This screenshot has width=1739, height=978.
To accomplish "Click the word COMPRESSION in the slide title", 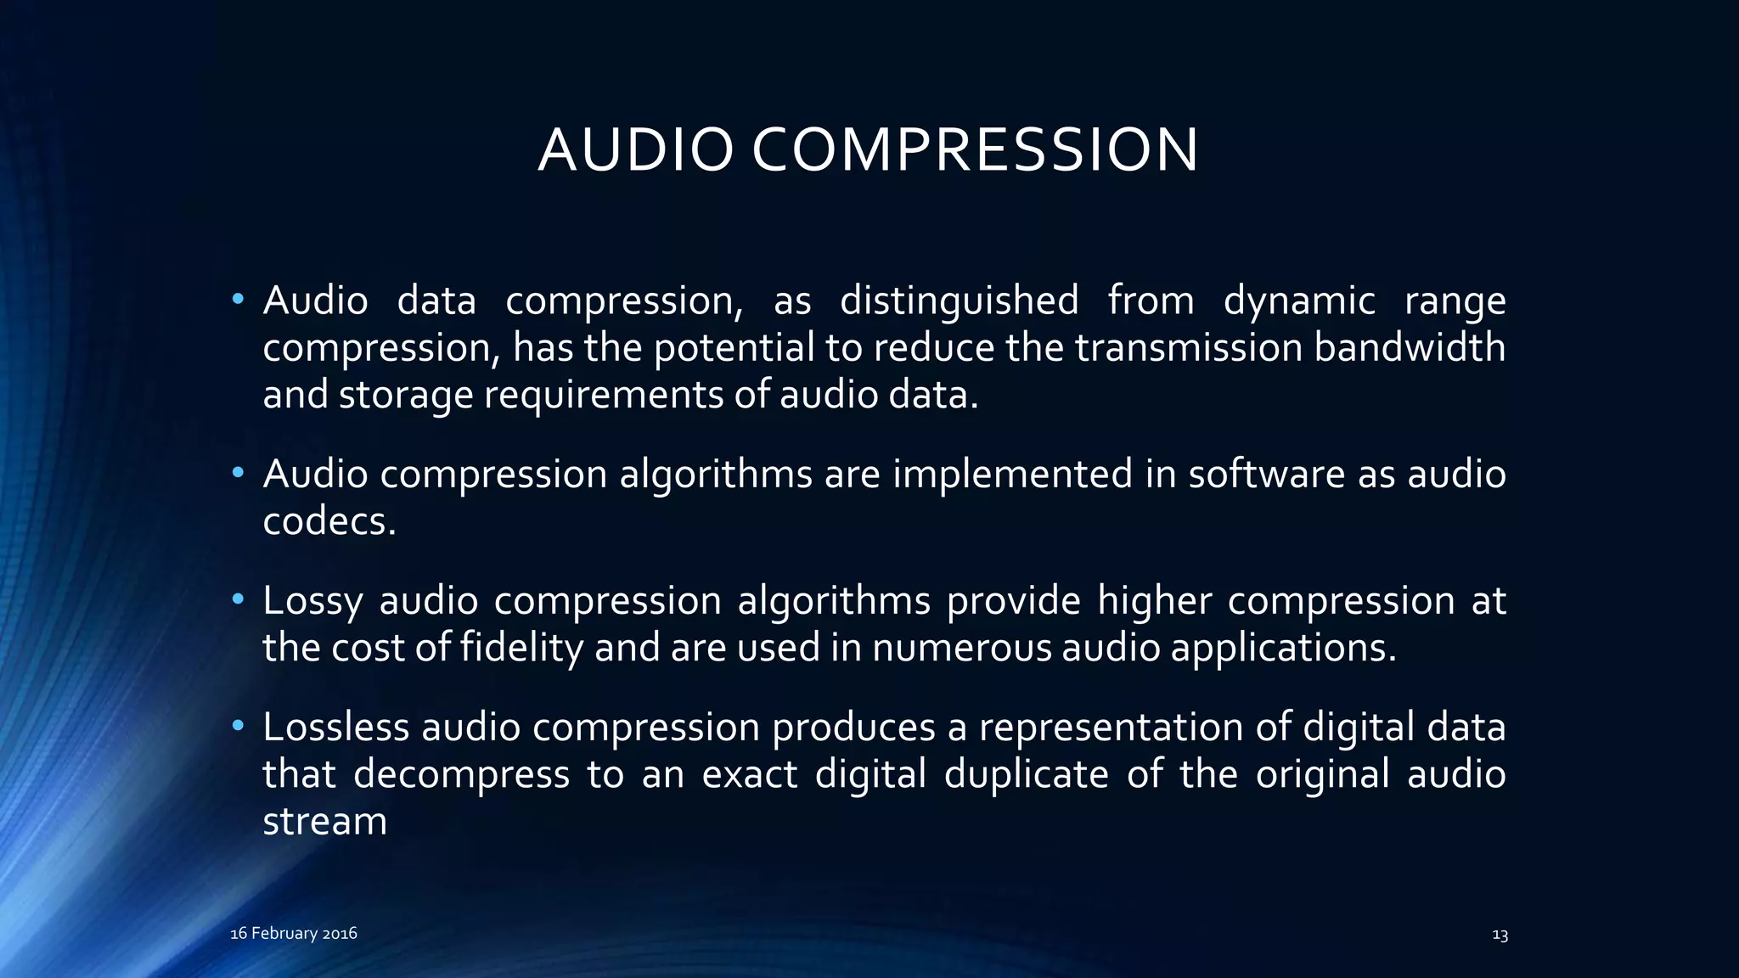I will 975,150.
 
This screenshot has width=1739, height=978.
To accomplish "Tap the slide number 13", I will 1500,935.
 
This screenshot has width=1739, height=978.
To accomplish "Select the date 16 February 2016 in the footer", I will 294,933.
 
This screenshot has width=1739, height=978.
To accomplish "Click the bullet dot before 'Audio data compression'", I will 238,299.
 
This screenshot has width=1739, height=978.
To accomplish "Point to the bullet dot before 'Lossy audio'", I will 238,599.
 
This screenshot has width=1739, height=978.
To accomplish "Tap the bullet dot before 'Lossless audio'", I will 238,726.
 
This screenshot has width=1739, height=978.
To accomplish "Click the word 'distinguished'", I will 959,301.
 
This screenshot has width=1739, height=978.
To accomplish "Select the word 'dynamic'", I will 1299,301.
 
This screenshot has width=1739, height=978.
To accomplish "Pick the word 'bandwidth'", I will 1410,347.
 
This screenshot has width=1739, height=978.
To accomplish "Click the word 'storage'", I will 406,395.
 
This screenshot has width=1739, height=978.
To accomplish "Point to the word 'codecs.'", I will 329,520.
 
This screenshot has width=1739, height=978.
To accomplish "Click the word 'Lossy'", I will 312,601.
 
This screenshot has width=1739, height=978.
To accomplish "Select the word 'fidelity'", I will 521,648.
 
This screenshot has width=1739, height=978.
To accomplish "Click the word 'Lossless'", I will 336,727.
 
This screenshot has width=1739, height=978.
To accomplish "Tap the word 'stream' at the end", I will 324,821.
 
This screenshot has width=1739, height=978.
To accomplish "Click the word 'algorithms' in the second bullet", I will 716,474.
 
